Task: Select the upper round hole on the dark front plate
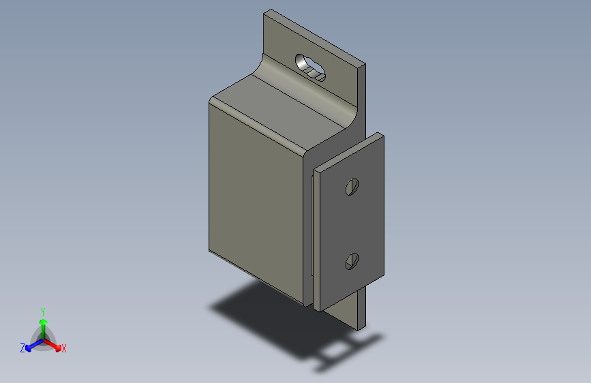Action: point(352,186)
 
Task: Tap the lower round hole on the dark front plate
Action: point(352,260)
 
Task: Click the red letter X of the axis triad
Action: point(64,349)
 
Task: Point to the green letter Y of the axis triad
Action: point(42,311)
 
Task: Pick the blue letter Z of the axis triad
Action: point(22,348)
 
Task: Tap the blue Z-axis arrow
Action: point(31,346)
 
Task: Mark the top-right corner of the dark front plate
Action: point(382,136)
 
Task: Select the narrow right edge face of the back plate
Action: point(361,95)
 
